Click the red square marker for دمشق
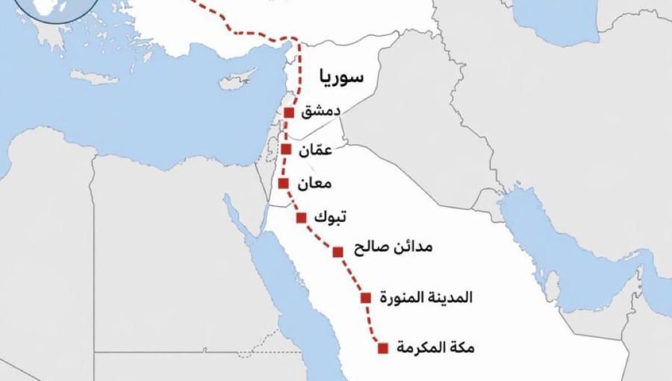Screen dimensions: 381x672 pyautogui.click(x=290, y=113)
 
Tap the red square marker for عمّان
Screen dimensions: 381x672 pyautogui.click(x=286, y=149)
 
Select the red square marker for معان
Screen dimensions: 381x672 pyautogui.click(x=283, y=183)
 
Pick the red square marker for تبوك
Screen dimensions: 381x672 pyautogui.click(x=302, y=217)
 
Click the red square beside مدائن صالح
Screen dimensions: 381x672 pyautogui.click(x=338, y=252)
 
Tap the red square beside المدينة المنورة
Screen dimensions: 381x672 pyautogui.click(x=366, y=297)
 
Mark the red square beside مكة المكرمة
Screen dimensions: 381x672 pyautogui.click(x=383, y=347)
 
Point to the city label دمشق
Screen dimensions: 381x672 pyautogui.click(x=321, y=112)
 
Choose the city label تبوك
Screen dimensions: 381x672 pyautogui.click(x=331, y=217)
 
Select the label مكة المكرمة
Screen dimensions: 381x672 pyautogui.click(x=435, y=347)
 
